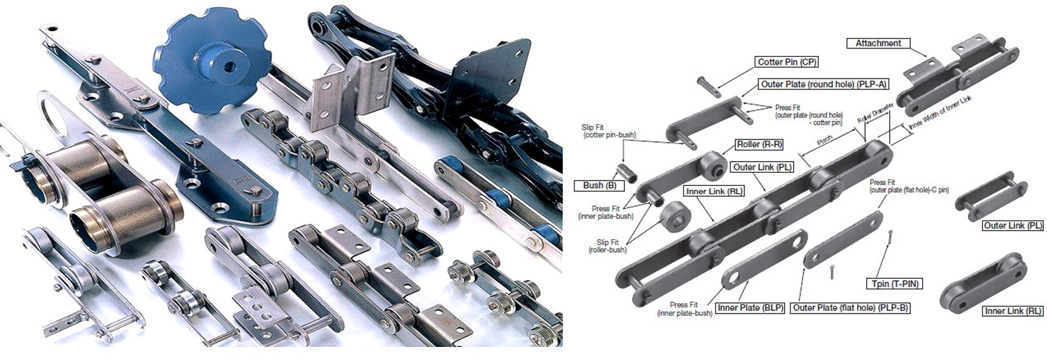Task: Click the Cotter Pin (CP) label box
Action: [x=787, y=62]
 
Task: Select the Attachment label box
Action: [x=878, y=43]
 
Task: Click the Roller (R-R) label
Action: [x=759, y=145]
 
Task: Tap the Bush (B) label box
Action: [x=599, y=185]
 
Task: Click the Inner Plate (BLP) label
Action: [x=750, y=308]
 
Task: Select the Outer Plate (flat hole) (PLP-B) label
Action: [x=850, y=308]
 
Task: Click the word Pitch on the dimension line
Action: [x=825, y=140]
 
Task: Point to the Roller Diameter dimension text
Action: [x=875, y=113]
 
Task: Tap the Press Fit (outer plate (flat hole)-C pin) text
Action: [x=909, y=186]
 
